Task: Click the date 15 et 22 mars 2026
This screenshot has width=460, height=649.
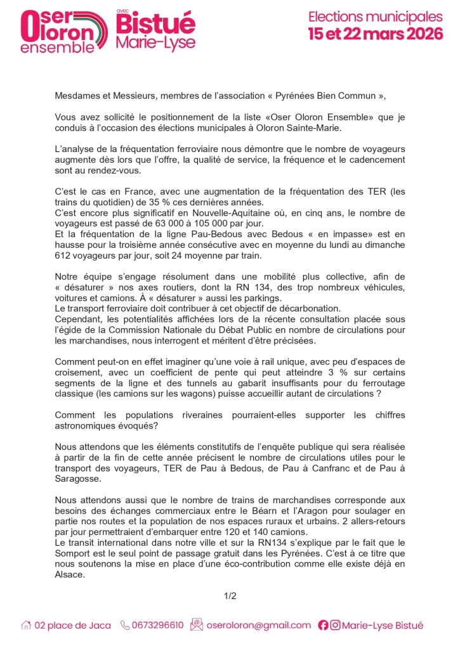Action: tap(375, 34)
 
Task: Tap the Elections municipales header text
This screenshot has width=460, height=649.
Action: tap(375, 16)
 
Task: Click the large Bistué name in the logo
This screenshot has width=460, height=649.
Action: tap(156, 25)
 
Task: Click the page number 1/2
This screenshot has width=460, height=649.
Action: tap(230, 596)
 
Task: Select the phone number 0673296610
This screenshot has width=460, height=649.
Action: tap(157, 626)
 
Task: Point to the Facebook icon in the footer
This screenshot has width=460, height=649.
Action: tap(323, 626)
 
